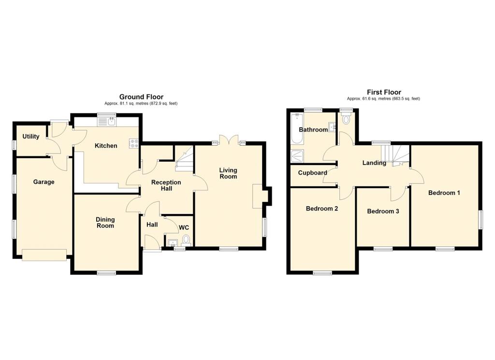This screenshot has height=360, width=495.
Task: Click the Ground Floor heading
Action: pyautogui.click(x=141, y=97)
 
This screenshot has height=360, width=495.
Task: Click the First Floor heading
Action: pyautogui.click(x=384, y=92)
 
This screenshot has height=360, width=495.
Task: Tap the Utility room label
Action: pyautogui.click(x=31, y=136)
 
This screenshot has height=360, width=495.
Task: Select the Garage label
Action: pyautogui.click(x=44, y=182)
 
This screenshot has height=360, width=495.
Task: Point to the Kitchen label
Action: pyautogui.click(x=106, y=146)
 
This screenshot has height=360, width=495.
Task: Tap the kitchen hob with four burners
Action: pyautogui.click(x=134, y=143)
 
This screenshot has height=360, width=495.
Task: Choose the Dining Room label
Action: pyautogui.click(x=105, y=222)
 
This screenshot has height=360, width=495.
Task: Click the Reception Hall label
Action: pyautogui.click(x=166, y=185)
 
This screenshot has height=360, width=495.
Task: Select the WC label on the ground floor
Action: pyautogui.click(x=184, y=227)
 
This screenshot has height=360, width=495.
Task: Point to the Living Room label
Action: pyautogui.click(x=228, y=173)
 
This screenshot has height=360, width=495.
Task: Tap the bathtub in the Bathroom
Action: pyautogui.click(x=296, y=129)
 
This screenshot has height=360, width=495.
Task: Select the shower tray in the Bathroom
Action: pyautogui.click(x=296, y=155)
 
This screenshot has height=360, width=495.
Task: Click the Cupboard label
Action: pyautogui.click(x=313, y=173)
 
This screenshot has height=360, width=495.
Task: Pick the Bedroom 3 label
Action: pyautogui.click(x=383, y=211)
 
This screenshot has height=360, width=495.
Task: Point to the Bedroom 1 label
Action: pyautogui.click(x=444, y=193)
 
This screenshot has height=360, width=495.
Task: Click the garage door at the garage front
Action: pyautogui.click(x=44, y=254)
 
